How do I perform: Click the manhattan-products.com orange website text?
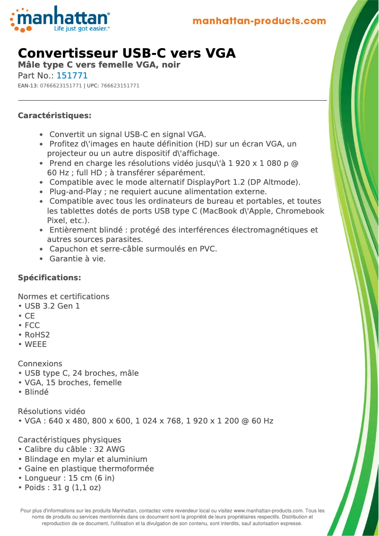point(259,21)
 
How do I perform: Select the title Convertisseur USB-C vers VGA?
point(127,53)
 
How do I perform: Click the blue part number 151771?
point(72,76)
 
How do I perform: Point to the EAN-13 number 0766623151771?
point(61,86)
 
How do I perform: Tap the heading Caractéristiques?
point(54,116)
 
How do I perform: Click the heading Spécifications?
point(50,277)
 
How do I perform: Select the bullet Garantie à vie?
point(78,259)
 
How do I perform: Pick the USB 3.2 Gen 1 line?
point(52,306)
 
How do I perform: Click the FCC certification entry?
point(32,325)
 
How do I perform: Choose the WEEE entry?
point(35,344)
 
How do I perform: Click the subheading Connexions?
point(40,363)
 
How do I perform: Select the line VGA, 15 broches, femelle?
point(73,382)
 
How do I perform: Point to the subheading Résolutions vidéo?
point(52,411)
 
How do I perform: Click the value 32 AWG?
point(109,449)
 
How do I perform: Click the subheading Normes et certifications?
point(64,296)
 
